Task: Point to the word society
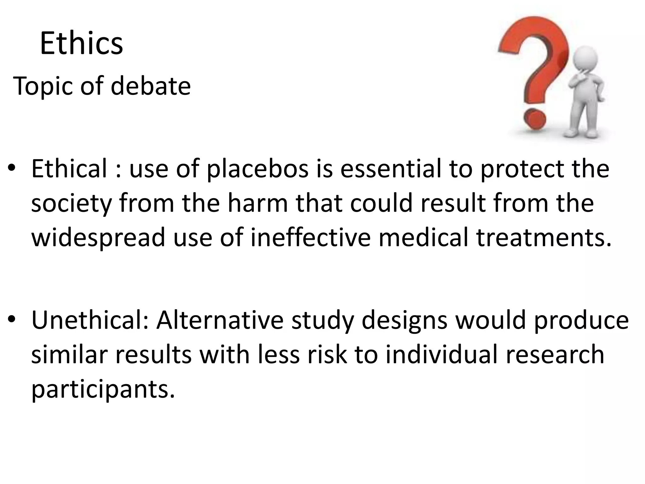click(x=71, y=204)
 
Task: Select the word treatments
click(x=544, y=237)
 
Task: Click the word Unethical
click(x=89, y=320)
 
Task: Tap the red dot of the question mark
click(x=534, y=119)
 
